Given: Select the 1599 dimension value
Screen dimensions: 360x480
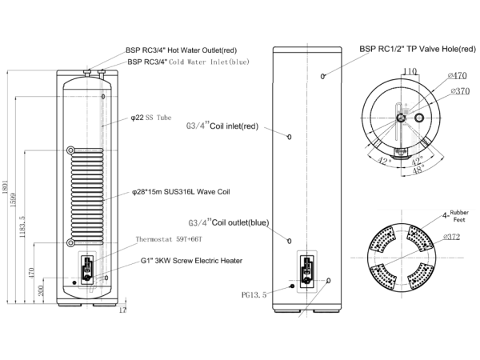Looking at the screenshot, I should [x=22, y=199].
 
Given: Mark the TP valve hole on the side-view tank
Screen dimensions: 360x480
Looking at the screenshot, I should [x=323, y=76].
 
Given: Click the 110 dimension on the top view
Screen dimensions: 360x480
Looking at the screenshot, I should [x=410, y=72].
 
